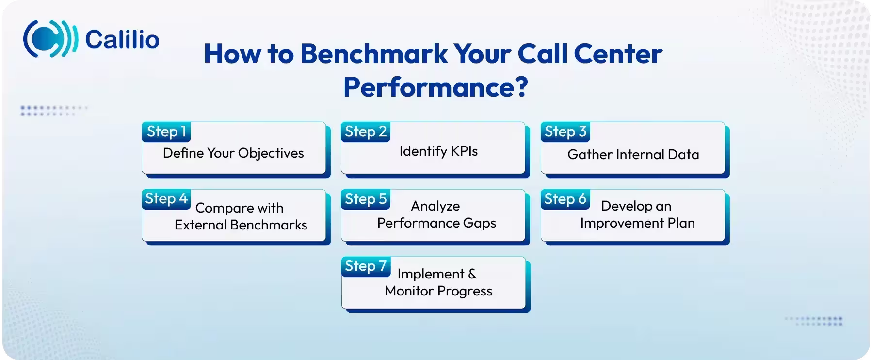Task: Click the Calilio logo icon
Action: click(x=50, y=39)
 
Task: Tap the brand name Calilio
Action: click(x=122, y=39)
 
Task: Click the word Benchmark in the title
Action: click(x=374, y=54)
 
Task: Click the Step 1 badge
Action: click(x=166, y=131)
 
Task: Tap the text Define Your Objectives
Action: click(x=233, y=153)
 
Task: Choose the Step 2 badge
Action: click(x=366, y=131)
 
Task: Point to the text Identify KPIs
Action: click(x=438, y=151)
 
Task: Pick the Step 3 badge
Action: click(x=565, y=131)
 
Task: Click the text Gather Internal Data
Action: click(x=633, y=155)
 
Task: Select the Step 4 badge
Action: click(x=166, y=198)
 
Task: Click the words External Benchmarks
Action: click(x=241, y=225)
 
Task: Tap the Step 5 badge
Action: click(x=366, y=199)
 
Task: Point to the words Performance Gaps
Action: click(x=436, y=223)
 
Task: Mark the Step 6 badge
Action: click(x=565, y=199)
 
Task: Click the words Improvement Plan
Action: click(x=637, y=223)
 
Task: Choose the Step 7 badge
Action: click(x=366, y=266)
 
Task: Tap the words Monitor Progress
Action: click(x=438, y=291)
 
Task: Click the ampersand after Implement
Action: click(x=472, y=274)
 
